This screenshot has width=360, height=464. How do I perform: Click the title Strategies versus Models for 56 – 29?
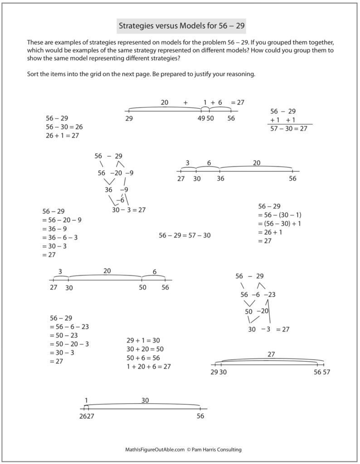181,26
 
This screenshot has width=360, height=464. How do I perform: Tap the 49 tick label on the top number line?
202,118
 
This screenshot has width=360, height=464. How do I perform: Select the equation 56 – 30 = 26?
64,127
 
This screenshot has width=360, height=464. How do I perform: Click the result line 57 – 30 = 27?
288,129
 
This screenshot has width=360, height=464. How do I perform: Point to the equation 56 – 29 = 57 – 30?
185,235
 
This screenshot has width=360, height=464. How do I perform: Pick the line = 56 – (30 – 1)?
280,215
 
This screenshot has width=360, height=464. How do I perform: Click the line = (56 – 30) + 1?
280,223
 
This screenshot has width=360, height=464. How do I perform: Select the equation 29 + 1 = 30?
143,340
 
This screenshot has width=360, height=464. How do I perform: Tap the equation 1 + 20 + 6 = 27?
148,366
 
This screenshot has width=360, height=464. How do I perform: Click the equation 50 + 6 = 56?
143,358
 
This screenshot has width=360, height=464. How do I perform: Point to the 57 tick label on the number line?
325,372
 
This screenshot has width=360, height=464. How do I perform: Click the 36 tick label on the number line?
220,179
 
